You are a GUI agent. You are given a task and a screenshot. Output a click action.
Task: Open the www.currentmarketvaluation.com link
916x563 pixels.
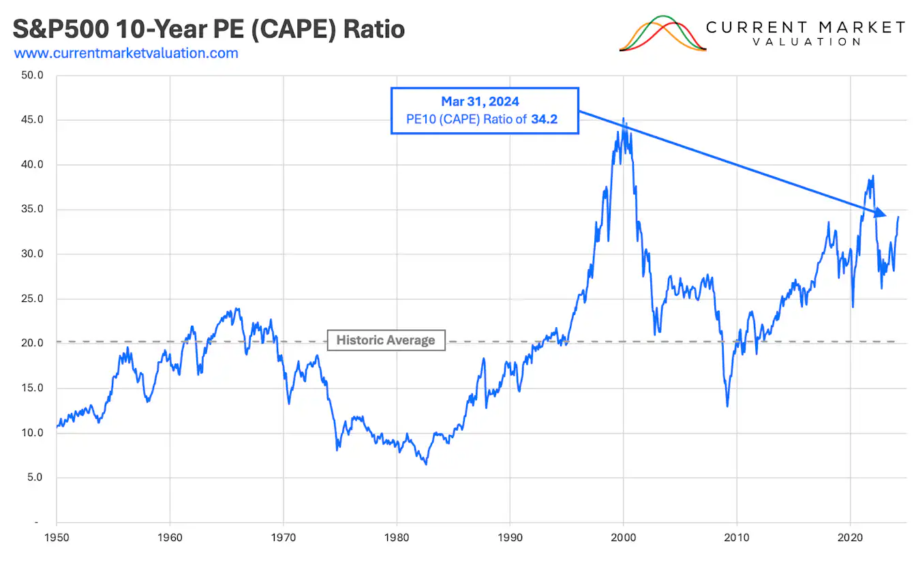point(126,53)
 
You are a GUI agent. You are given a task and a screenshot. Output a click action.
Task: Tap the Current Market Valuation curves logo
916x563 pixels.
point(662,33)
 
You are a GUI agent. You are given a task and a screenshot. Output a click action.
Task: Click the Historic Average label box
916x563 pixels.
point(386,340)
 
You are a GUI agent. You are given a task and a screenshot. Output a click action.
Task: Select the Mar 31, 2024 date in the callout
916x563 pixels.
point(480,102)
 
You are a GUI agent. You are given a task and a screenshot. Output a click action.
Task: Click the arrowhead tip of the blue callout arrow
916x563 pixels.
point(885,215)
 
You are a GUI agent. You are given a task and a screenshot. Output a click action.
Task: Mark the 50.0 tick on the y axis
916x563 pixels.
point(32,75)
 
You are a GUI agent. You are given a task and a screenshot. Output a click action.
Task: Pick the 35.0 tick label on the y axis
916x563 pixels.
point(32,209)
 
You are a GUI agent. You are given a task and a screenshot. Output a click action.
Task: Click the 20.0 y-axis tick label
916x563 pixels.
point(32,344)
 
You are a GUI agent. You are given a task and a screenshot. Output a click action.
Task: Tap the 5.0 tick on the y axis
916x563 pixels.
point(34,478)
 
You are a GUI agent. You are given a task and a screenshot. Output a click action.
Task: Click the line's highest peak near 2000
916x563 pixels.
point(623,119)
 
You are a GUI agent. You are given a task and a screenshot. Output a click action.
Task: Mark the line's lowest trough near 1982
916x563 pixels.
point(426,464)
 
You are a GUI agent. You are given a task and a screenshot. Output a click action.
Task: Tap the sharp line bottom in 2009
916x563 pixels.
point(727,406)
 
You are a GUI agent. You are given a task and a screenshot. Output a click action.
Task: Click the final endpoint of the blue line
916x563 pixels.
point(898,217)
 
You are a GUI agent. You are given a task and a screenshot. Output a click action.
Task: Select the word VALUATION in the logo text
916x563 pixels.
point(806,42)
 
